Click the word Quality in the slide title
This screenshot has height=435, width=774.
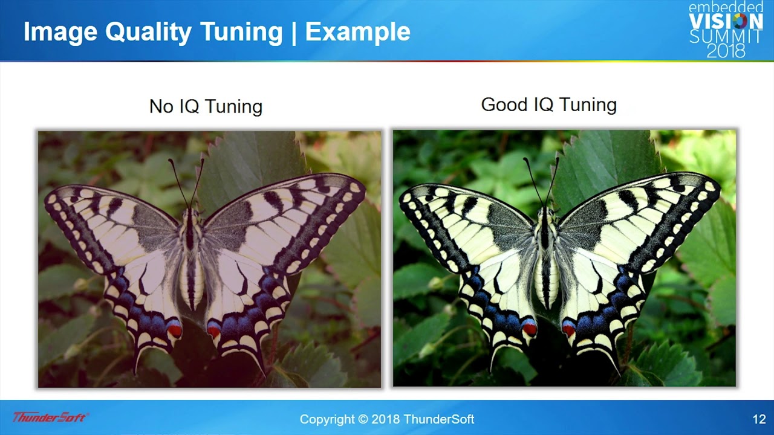point(148,33)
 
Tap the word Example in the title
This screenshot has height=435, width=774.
point(357,32)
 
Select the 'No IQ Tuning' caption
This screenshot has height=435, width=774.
point(206,106)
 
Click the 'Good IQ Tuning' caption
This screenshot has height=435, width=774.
point(549,105)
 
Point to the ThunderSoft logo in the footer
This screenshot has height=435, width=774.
point(50,417)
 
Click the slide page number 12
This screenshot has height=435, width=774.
point(759,419)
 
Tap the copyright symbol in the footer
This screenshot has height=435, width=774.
point(363,419)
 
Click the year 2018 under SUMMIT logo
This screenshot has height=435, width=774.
point(726,50)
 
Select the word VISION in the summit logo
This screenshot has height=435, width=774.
point(726,21)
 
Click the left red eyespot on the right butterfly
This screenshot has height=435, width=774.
point(529,329)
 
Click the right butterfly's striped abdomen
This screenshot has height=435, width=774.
point(547,280)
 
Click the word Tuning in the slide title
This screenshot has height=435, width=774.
point(241,33)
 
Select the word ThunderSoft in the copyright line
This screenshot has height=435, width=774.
point(439,419)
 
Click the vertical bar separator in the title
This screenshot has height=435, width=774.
point(294,33)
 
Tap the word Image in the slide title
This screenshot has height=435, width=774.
point(60,33)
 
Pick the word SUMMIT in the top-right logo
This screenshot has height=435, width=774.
point(726,36)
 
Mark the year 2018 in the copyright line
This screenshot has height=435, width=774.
point(385,419)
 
